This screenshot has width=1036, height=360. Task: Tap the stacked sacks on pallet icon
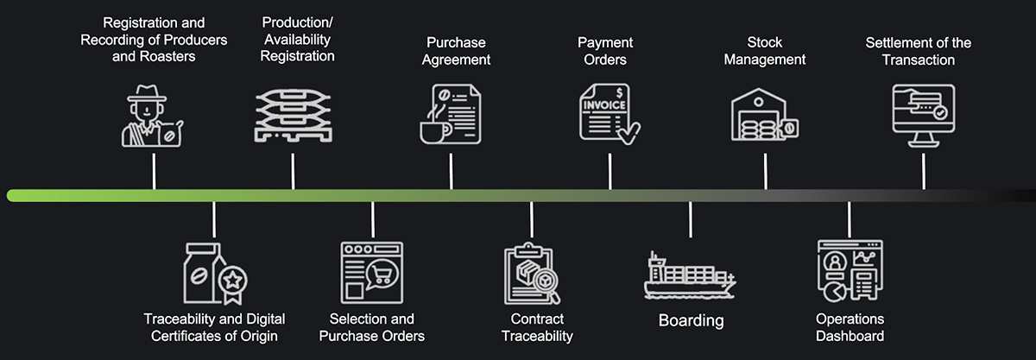[293, 116]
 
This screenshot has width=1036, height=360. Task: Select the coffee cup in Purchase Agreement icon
[431, 129]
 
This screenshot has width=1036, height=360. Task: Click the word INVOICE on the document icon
[604, 105]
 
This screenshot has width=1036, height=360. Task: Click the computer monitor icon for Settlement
[923, 115]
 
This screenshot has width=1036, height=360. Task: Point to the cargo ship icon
[690, 275]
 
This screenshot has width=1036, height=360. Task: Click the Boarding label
[691, 321]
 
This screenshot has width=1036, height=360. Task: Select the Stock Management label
[764, 51]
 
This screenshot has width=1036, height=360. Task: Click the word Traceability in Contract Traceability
[538, 336]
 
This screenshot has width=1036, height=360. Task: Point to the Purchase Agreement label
[456, 51]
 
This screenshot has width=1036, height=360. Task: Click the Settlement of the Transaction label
[918, 51]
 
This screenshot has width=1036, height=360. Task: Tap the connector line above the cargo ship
[691, 220]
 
